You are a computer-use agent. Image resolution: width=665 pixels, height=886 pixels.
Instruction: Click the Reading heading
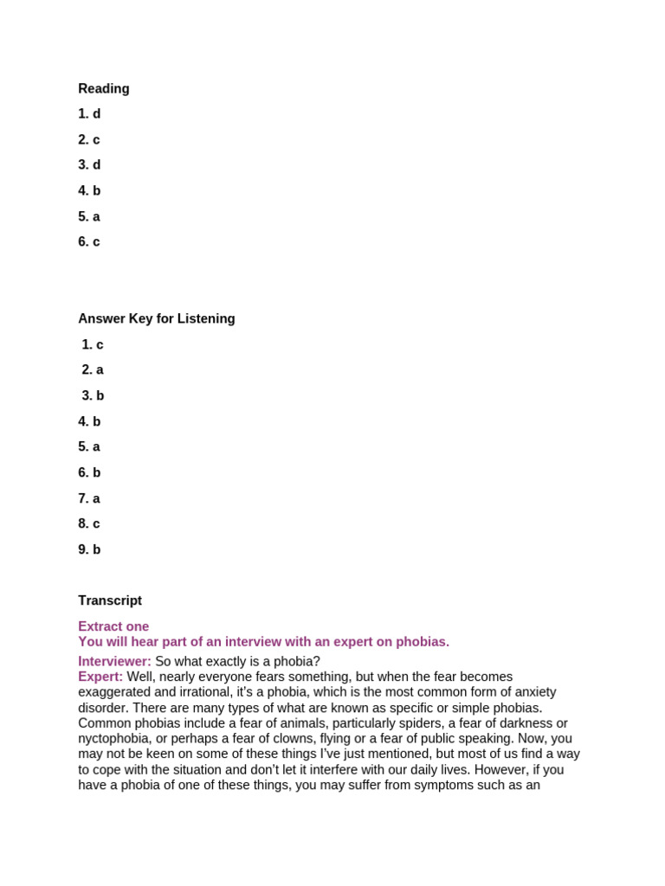(x=104, y=88)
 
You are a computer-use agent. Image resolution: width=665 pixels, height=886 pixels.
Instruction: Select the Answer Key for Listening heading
(x=157, y=318)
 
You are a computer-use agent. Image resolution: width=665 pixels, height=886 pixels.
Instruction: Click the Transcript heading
(x=110, y=600)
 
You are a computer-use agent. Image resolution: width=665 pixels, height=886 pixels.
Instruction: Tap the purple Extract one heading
(x=113, y=626)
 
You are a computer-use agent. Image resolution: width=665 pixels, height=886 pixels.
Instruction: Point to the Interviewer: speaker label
(x=114, y=661)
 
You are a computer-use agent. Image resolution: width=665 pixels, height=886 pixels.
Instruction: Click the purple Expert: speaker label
(x=100, y=677)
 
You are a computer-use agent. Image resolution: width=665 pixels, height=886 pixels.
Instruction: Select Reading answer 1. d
(x=89, y=113)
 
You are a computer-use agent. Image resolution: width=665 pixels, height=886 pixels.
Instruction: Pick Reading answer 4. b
(x=89, y=190)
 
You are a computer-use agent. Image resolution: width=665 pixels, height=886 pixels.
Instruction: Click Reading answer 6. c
(x=89, y=241)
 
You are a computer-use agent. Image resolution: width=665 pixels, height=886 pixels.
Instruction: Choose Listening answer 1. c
(x=93, y=344)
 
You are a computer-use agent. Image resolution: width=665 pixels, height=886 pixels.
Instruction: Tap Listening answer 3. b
(x=93, y=395)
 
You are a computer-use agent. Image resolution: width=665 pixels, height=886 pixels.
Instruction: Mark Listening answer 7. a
(x=89, y=498)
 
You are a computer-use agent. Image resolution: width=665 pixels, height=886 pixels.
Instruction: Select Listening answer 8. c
(x=89, y=523)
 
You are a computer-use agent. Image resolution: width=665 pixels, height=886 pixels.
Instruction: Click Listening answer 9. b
(x=89, y=549)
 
